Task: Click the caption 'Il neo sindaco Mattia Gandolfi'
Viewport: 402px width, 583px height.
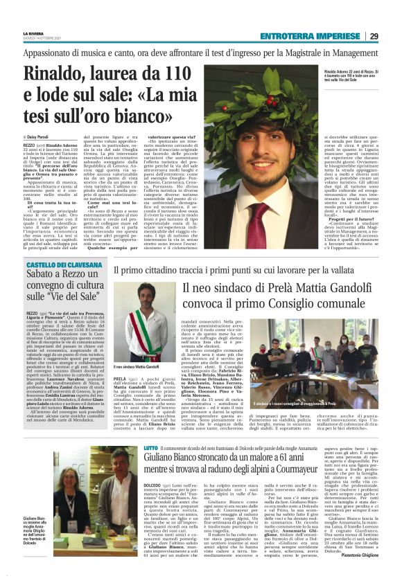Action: tap(137, 366)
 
